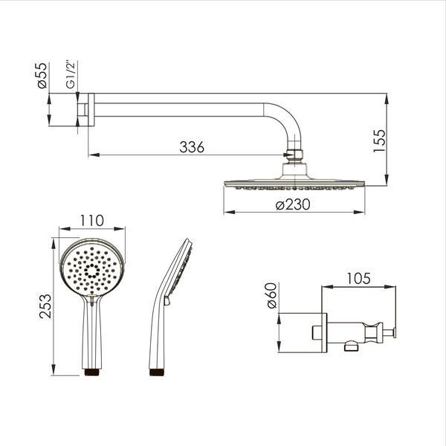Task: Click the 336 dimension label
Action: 192,147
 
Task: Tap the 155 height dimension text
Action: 380,141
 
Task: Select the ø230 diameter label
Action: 293,204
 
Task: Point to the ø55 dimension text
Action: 42,75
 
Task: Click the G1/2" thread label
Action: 71,74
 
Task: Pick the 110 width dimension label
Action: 92,221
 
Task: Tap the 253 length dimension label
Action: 45,306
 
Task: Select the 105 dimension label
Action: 358,279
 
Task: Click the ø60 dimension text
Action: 272,295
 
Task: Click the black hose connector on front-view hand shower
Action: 92,372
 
